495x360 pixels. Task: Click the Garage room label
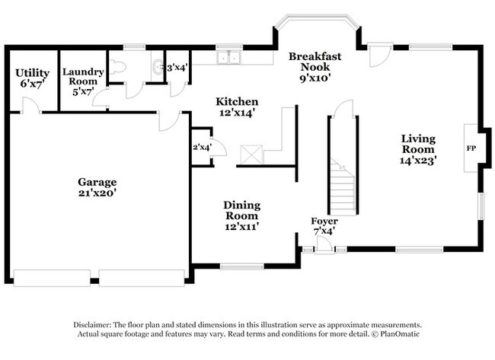(97, 187)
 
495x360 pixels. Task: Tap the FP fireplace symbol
(471, 148)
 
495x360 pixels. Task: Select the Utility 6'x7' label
(32, 78)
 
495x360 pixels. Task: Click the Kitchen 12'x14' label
(236, 107)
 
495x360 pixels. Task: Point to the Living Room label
(419, 148)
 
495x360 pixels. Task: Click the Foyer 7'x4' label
(324, 225)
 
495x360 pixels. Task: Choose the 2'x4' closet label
(202, 147)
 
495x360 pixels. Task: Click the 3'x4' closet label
(177, 67)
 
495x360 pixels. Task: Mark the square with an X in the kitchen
(251, 154)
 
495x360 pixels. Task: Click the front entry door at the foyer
(324, 245)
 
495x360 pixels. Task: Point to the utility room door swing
(30, 107)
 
